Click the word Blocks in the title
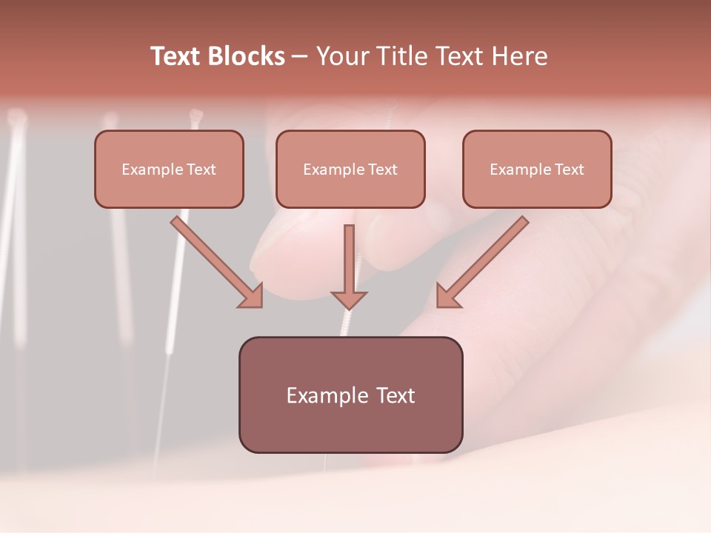(x=246, y=56)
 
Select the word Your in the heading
(x=342, y=56)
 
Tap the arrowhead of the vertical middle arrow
(x=349, y=300)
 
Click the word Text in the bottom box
(x=395, y=395)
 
